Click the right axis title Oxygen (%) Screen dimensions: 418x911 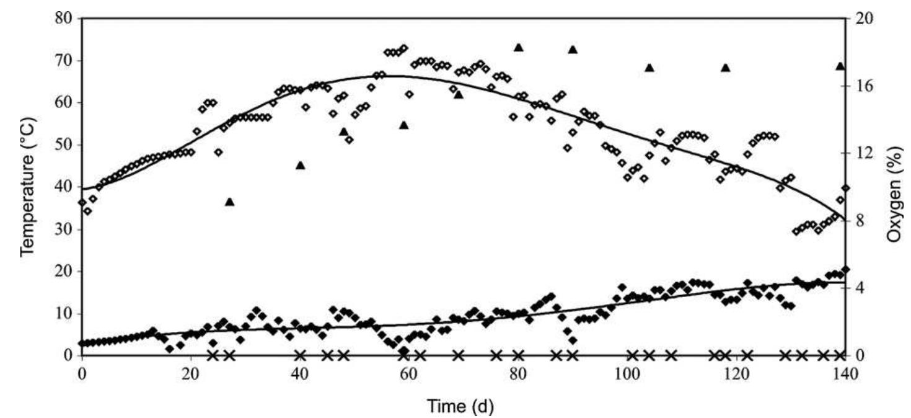(894, 186)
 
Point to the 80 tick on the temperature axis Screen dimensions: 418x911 (63, 19)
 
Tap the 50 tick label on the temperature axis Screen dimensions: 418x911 (63, 145)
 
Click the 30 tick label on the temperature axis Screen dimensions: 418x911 (63, 229)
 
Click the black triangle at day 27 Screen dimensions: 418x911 (229, 202)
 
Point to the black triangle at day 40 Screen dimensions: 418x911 (301, 166)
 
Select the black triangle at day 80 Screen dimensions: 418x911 (519, 48)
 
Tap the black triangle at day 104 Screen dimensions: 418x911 (649, 68)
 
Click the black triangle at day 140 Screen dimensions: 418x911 (840, 66)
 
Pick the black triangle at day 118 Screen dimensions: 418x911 (725, 68)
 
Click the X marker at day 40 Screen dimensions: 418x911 (301, 355)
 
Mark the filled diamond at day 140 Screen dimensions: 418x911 (845, 269)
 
